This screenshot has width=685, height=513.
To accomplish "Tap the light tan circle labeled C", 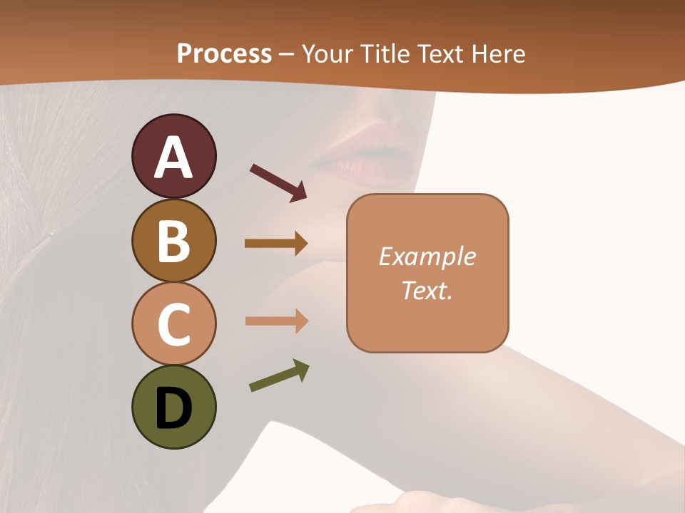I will pos(173,323).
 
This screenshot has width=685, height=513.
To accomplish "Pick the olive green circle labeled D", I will pos(173,407).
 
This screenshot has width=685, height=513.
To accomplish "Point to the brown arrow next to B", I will pos(276,244).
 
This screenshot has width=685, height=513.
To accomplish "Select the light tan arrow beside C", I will pos(276,321).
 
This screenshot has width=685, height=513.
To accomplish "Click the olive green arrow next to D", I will pos(279,376).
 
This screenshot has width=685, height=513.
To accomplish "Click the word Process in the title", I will pos(224,53).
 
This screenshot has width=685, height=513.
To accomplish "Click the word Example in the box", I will pos(427,256).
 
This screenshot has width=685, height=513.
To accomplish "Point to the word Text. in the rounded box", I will pos(427,291).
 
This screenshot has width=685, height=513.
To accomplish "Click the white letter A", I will pos(173,157).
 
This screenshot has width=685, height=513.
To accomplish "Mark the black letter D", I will pos(173,410).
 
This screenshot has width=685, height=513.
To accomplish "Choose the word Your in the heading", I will pos(327,53).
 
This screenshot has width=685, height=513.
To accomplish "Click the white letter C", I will pos(173,325).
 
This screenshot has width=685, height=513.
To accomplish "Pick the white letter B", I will pos(173,242).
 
